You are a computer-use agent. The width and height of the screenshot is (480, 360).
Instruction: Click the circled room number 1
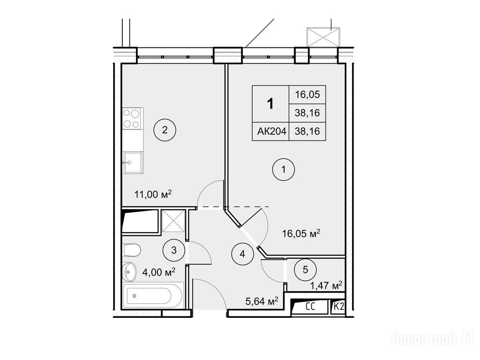[x=284, y=169]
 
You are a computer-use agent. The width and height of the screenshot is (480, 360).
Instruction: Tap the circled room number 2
[x=165, y=130]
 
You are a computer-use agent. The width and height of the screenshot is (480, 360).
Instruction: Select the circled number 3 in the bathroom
[x=174, y=250]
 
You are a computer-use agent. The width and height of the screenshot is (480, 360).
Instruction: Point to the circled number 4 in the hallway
[x=242, y=254]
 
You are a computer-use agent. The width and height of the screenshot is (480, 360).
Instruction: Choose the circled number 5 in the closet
[x=305, y=270]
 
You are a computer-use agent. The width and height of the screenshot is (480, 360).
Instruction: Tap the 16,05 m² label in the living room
[x=301, y=233]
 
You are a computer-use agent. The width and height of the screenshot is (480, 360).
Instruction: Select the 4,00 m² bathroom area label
[x=158, y=271]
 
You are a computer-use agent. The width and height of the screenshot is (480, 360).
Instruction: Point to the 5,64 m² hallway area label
[x=262, y=301]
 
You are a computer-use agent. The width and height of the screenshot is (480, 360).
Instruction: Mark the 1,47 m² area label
[x=326, y=286]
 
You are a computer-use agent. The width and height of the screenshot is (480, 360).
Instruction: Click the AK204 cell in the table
[x=271, y=131]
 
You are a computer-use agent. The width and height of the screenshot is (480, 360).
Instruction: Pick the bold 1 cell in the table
[x=270, y=104]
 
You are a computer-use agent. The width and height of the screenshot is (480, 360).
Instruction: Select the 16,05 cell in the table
[x=307, y=95]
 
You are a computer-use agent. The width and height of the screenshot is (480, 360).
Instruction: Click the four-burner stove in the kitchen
[x=133, y=118]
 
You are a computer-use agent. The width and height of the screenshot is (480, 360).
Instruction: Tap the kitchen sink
[x=133, y=162]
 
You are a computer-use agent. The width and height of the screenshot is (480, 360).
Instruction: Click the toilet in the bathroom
[x=132, y=250]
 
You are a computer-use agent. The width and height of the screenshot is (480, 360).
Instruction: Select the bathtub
[x=153, y=296]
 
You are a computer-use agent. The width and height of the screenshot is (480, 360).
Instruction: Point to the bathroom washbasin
[x=129, y=271]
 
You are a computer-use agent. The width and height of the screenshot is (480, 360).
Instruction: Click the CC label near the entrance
[x=311, y=307]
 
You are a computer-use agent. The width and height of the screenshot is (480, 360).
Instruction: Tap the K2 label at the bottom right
[x=338, y=307]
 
